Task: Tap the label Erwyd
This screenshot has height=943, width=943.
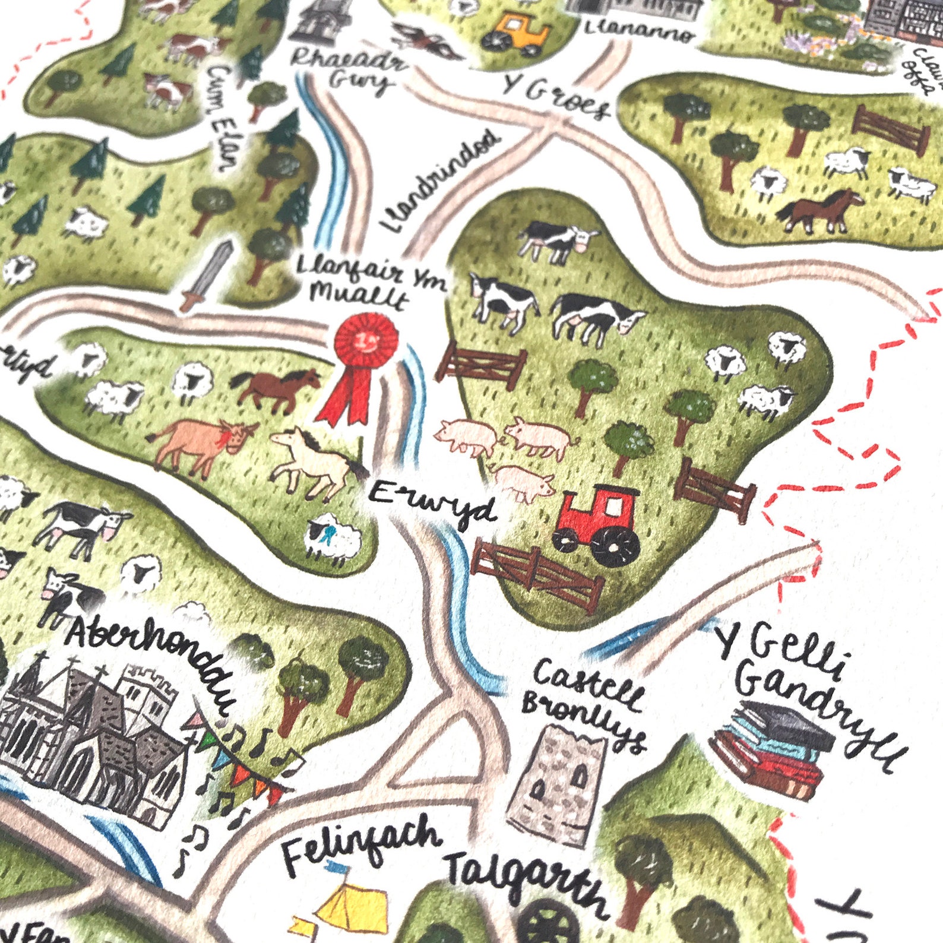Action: [x=432, y=504]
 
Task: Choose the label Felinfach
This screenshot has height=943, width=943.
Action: [x=361, y=842]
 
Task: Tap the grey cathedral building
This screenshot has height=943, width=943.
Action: [x=89, y=736]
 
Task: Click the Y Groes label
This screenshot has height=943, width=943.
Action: [x=555, y=98]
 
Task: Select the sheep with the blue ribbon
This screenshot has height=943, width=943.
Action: [x=333, y=537]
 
